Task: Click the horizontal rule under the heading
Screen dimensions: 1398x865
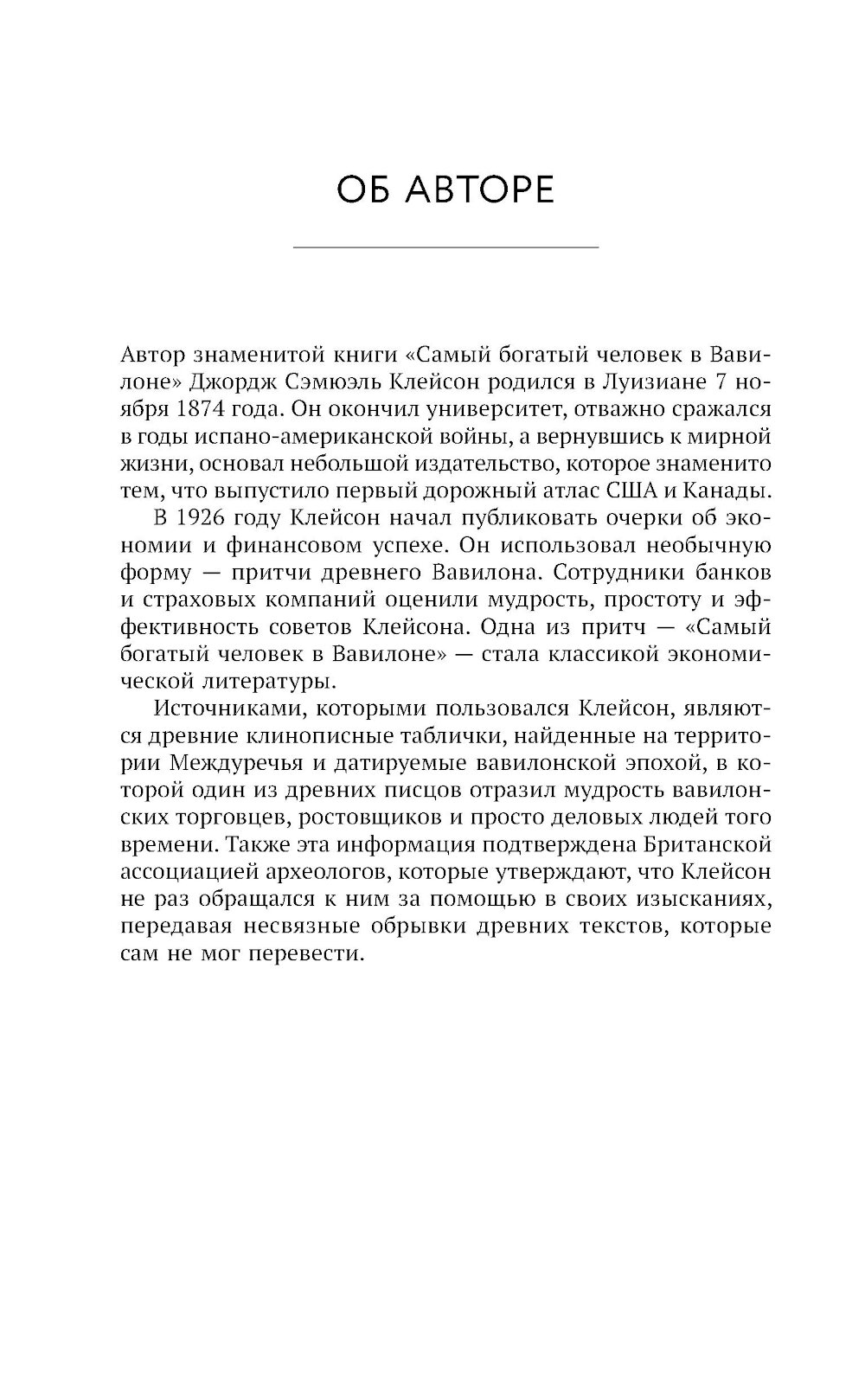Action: (445, 248)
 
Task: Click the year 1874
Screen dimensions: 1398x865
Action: (198, 409)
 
